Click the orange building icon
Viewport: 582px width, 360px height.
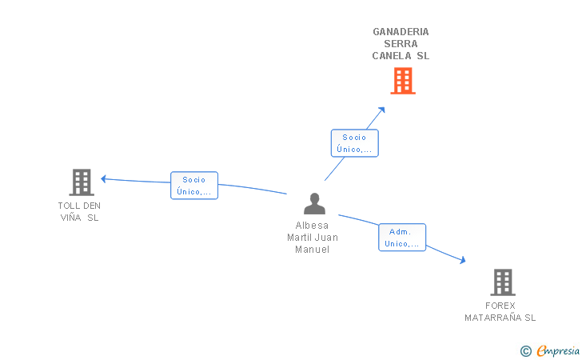point(403,81)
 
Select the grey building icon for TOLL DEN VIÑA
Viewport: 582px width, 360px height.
point(82,182)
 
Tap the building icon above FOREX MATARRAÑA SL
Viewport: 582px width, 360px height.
point(503,282)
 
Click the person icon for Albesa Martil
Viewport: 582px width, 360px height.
point(314,203)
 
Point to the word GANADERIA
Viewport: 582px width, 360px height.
point(401,32)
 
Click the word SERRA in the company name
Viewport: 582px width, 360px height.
point(401,44)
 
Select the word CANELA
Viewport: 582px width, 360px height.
point(392,56)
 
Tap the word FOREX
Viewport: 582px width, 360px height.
point(500,306)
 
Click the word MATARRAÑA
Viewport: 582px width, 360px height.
point(493,318)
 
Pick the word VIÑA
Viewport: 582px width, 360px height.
point(70,218)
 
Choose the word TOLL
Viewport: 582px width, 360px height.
point(69,206)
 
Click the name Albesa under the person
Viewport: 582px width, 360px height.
point(312,226)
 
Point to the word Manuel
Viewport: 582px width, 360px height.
point(312,250)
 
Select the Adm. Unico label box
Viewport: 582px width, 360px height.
point(402,238)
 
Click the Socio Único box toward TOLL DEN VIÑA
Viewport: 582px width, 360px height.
point(194,186)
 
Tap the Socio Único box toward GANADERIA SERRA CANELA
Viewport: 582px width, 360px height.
point(354,143)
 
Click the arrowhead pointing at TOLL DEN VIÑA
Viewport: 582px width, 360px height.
point(104,179)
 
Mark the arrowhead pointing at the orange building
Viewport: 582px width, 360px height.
point(381,110)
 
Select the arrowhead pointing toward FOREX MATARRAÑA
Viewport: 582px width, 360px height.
point(462,260)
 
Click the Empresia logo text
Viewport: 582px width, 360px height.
point(558,350)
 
